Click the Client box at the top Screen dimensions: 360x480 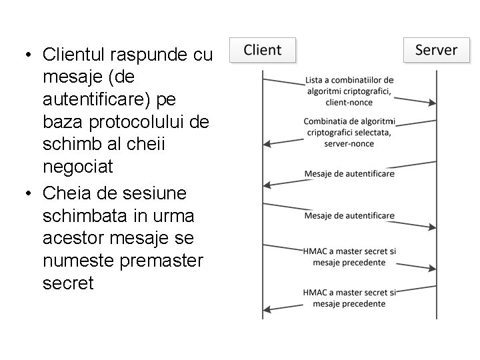(x=262, y=50)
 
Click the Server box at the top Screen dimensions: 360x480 (x=436, y=50)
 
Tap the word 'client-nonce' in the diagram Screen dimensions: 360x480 (x=349, y=103)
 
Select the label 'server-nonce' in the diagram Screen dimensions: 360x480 (x=349, y=143)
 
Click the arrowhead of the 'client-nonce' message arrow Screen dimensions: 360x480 (x=433, y=103)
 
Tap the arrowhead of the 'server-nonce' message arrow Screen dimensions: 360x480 (x=267, y=143)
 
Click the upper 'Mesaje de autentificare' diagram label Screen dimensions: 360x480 (x=349, y=174)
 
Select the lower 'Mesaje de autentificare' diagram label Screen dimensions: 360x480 (x=349, y=215)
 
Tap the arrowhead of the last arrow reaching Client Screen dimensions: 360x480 (x=267, y=309)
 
